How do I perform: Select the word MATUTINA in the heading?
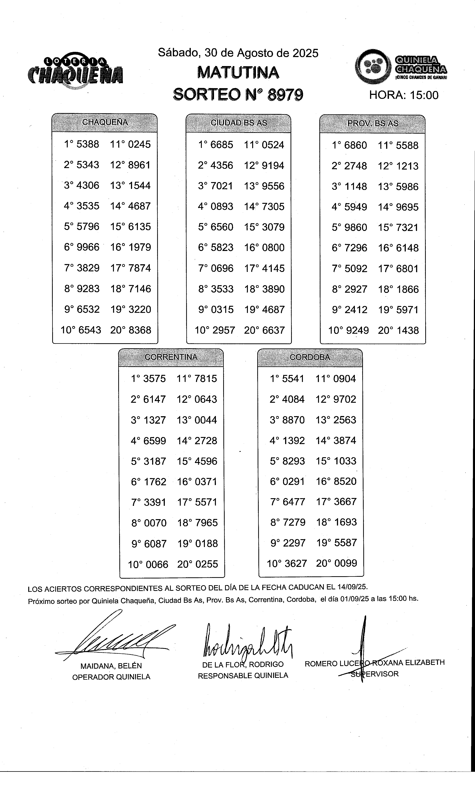pos(238,73)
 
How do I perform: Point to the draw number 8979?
pos(285,95)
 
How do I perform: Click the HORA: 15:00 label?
pos(404,95)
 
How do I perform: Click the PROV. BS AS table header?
pos(372,124)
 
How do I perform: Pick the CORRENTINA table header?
pos(171,357)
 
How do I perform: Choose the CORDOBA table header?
pos(310,357)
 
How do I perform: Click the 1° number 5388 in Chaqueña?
pos(88,144)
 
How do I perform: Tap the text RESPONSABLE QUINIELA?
pos(243,675)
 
